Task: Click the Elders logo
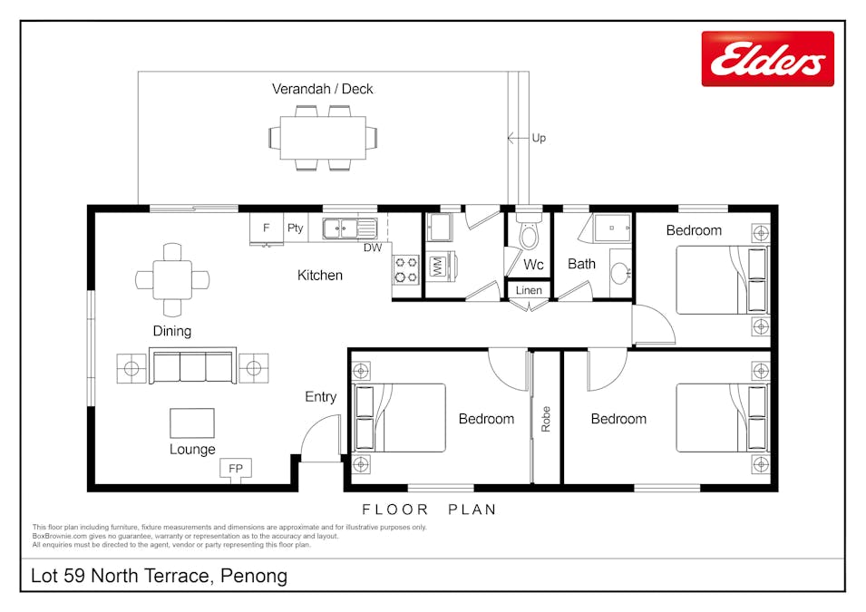(x=767, y=59)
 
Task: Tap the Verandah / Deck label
(x=322, y=89)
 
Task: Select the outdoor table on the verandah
(x=322, y=138)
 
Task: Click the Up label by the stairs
(x=539, y=139)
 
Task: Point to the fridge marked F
(x=267, y=228)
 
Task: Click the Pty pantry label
(x=295, y=228)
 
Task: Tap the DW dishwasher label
(x=373, y=248)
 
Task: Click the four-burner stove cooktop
(x=404, y=268)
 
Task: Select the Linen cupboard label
(x=529, y=291)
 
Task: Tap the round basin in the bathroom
(x=619, y=273)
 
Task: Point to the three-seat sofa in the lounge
(x=192, y=368)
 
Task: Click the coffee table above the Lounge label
(x=192, y=423)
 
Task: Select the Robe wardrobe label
(x=546, y=419)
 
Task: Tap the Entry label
(x=320, y=397)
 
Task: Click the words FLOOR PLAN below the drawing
(x=429, y=510)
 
